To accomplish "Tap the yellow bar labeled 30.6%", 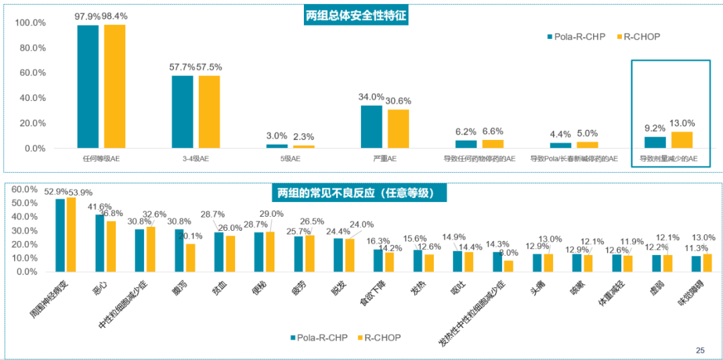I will (x=398, y=128).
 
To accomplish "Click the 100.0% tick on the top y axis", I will (x=30, y=23).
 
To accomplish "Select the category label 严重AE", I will (x=384, y=159).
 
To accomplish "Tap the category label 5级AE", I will (x=289, y=159).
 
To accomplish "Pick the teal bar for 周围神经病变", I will (x=60, y=235).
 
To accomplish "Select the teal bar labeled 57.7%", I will (x=182, y=111).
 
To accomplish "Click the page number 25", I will (x=700, y=350).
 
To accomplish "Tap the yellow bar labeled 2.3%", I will (x=303, y=146).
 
